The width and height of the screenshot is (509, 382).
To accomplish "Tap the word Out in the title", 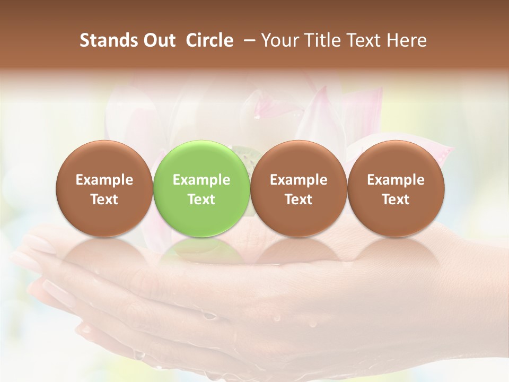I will tap(157, 40).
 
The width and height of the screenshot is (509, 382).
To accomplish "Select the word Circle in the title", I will tap(209, 40).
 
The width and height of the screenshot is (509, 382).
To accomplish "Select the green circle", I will tap(201, 188).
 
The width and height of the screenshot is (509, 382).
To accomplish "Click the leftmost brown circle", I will tap(104, 188).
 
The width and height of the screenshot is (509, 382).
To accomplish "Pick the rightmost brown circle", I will tap(396, 188).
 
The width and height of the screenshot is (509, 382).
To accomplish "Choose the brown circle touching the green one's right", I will tap(299, 188).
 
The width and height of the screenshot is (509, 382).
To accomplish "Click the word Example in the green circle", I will tap(201, 180).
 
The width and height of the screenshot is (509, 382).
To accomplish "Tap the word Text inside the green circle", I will tap(201, 199).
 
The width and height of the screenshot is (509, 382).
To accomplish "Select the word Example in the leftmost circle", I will tap(104, 180).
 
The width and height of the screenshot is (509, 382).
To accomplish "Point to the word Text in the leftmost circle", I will tap(104, 199).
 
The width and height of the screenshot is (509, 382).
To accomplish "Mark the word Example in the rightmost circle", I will tap(396, 180).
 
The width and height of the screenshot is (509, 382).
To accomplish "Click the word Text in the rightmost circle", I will tap(396, 199).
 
